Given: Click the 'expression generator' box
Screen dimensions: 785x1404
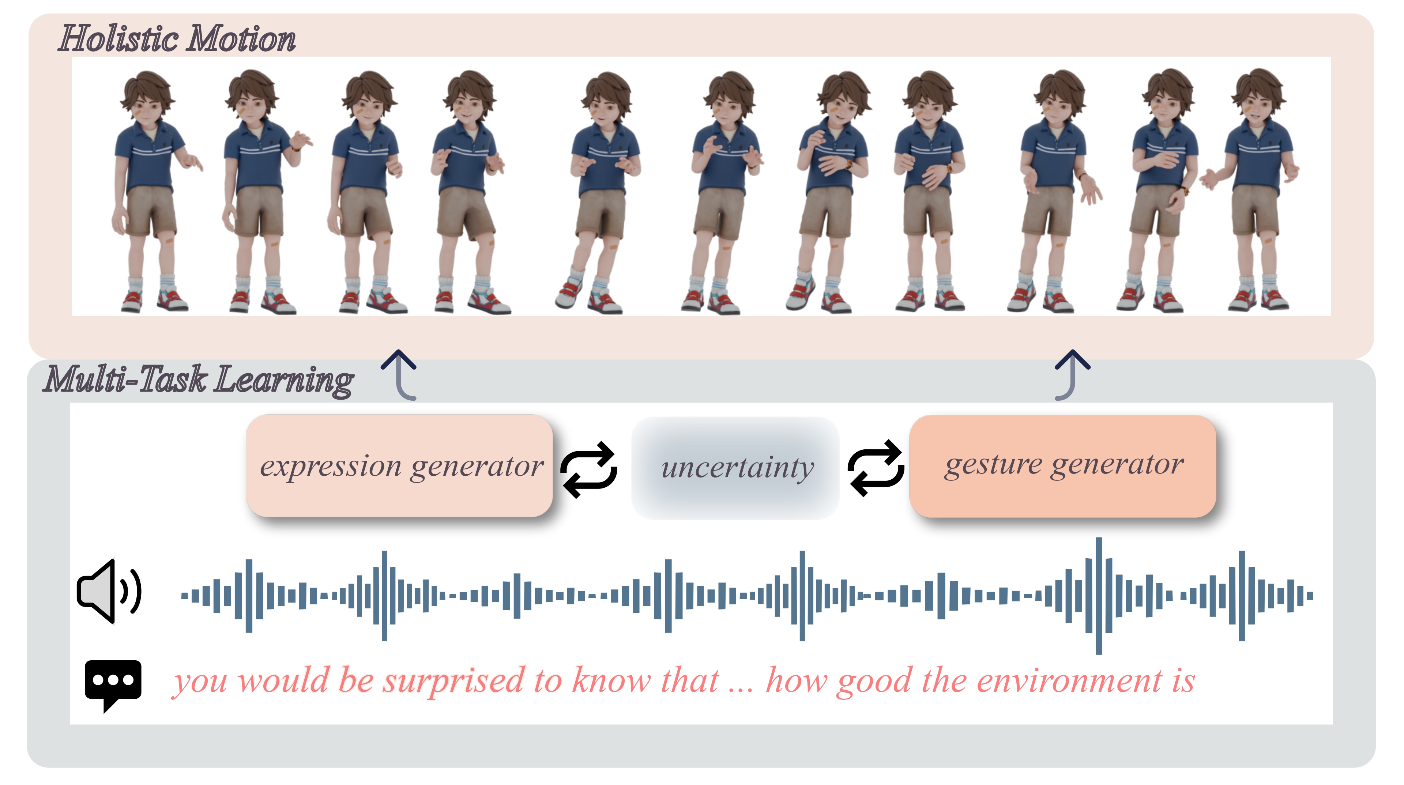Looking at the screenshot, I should pyautogui.click(x=399, y=466).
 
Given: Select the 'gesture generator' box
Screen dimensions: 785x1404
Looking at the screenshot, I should pyautogui.click(x=1063, y=466).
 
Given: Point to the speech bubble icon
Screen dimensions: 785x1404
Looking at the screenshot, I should pyautogui.click(x=113, y=684).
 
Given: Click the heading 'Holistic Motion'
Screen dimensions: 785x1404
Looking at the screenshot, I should pyautogui.click(x=177, y=39).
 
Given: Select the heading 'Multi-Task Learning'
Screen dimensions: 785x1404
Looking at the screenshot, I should pyautogui.click(x=199, y=380).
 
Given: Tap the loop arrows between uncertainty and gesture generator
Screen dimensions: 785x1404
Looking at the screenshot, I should pyautogui.click(x=876, y=468).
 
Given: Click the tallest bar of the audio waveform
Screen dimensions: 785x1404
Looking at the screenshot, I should pyautogui.click(x=1099, y=596).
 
